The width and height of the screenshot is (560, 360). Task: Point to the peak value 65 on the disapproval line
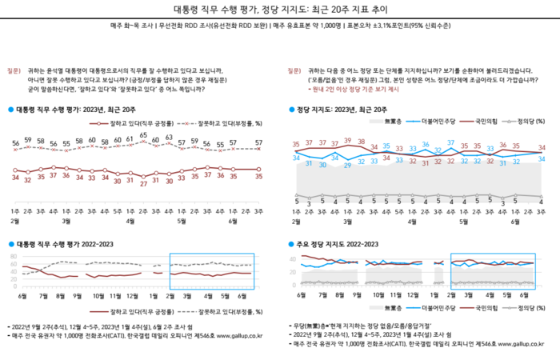[x=144, y=135]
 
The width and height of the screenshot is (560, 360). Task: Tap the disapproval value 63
[x=170, y=138]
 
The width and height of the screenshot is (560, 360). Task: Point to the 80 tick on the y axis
[x=14, y=254]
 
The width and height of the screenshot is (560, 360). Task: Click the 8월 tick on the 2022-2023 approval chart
[x=60, y=294]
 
